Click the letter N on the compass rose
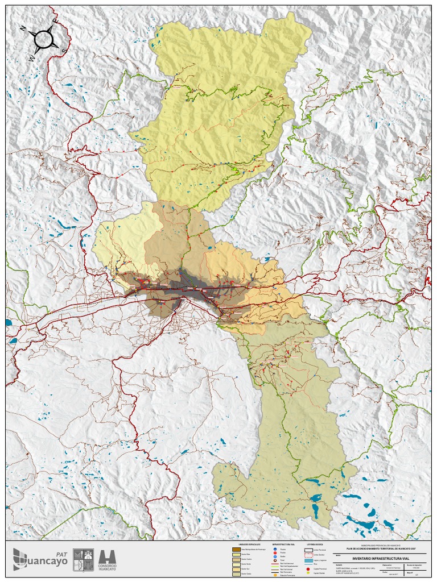pyautogui.click(x=23, y=28)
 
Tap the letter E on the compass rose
pyautogui.click(x=55, y=20)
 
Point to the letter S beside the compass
pyautogui.click(x=64, y=51)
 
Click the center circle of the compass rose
pyautogui.click(x=44, y=39)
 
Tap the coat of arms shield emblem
pyautogui.click(x=84, y=559)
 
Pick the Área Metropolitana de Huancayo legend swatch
pyautogui.click(x=237, y=550)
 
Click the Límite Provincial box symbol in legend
pyautogui.click(x=308, y=550)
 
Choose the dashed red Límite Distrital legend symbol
pyautogui.click(x=308, y=555)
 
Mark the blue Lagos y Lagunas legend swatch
pyautogui.click(x=308, y=560)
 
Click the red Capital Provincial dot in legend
pyautogui.click(x=308, y=569)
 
